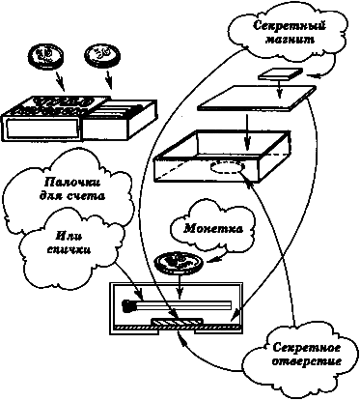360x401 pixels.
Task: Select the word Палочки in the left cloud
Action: click(60, 183)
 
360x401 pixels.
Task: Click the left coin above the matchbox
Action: click(44, 52)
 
